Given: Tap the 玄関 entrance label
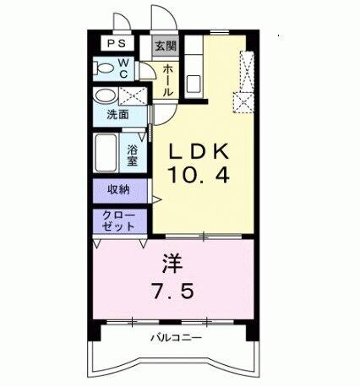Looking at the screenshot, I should pos(163,46).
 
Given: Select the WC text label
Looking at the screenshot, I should pos(122,67).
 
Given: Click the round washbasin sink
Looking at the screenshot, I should pos(105,95).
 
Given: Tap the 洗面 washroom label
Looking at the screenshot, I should pos(117,115).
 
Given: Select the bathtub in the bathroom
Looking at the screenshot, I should pos(106,153).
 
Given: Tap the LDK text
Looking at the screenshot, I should pos(201,152).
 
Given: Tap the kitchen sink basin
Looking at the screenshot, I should pos(193,83).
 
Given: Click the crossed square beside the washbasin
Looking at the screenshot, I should pos(129,95).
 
